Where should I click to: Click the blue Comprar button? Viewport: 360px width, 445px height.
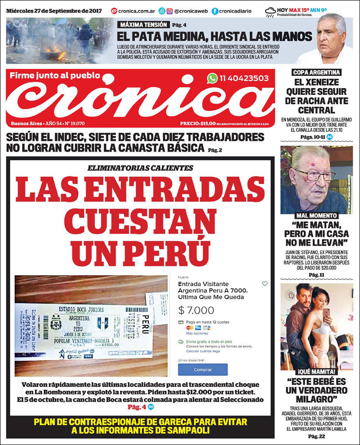[x=203, y=369]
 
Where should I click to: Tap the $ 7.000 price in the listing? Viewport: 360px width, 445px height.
[x=196, y=310]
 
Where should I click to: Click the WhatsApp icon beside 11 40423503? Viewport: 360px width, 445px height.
[x=212, y=78]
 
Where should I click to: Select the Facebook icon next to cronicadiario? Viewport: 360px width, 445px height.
[x=215, y=11]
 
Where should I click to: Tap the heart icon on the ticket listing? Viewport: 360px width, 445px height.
[x=265, y=284]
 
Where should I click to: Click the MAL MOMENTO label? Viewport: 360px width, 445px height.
[x=317, y=215]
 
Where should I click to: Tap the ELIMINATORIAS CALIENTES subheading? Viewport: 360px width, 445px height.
[x=140, y=168]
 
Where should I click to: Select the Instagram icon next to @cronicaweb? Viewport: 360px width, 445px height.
[x=169, y=11]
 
